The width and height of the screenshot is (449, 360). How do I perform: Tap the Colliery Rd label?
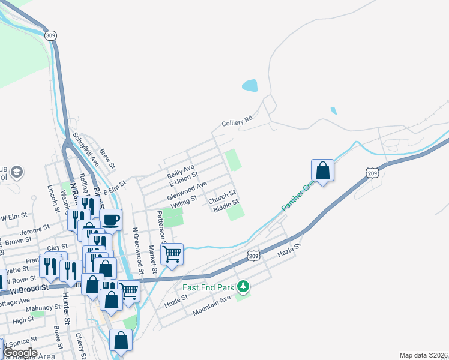(238, 122)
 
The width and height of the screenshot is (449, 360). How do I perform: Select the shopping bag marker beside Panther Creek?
(322, 170)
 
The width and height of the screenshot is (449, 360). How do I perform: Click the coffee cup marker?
(110, 220)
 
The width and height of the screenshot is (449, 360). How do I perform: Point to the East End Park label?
(208, 287)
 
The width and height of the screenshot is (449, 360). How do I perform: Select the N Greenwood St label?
(137, 250)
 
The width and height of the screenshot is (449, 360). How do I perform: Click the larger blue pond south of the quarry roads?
(250, 85)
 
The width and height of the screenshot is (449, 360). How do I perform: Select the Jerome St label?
(34, 230)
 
